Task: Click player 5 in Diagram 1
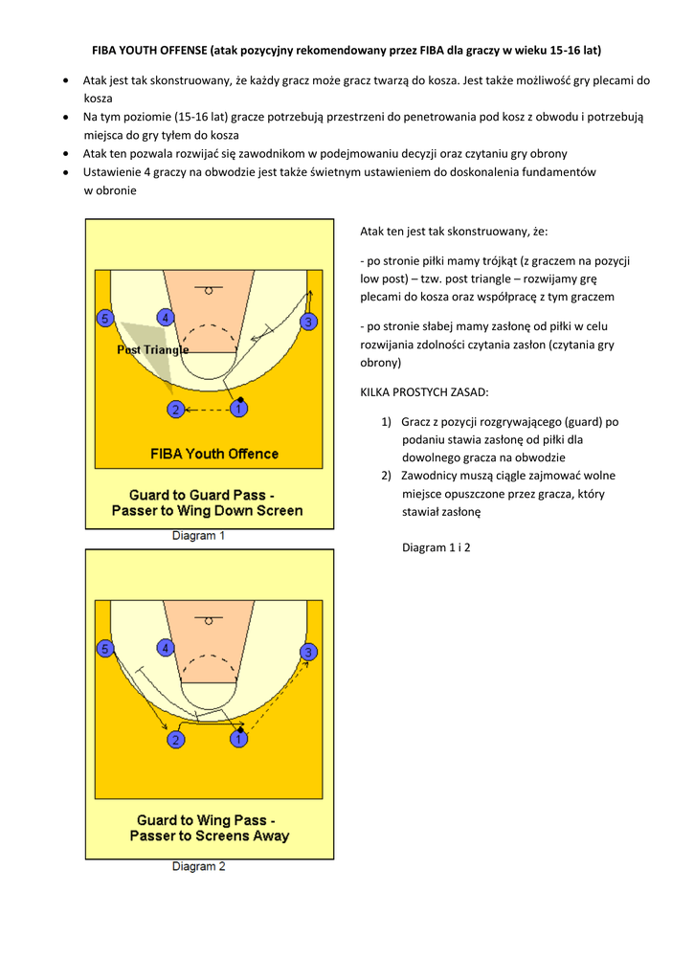[x=105, y=318]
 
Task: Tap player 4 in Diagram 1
[x=166, y=318]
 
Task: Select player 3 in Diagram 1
[x=308, y=322]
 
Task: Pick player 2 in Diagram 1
[x=175, y=410]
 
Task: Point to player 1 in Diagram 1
[x=238, y=409]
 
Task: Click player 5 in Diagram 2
[x=105, y=649]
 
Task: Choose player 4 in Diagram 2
[x=166, y=649]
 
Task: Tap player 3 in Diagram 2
[x=308, y=652]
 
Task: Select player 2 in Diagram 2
[x=175, y=740]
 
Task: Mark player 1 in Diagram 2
[x=238, y=739]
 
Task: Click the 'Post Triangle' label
[x=153, y=350]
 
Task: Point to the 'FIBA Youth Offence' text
[x=214, y=454]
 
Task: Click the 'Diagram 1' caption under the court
[x=198, y=536]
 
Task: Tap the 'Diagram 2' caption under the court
[x=198, y=867]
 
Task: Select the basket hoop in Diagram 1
[x=209, y=289]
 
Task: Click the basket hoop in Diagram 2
[x=209, y=619]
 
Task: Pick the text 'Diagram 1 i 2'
[x=437, y=547]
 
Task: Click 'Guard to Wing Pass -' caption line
[x=207, y=820]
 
